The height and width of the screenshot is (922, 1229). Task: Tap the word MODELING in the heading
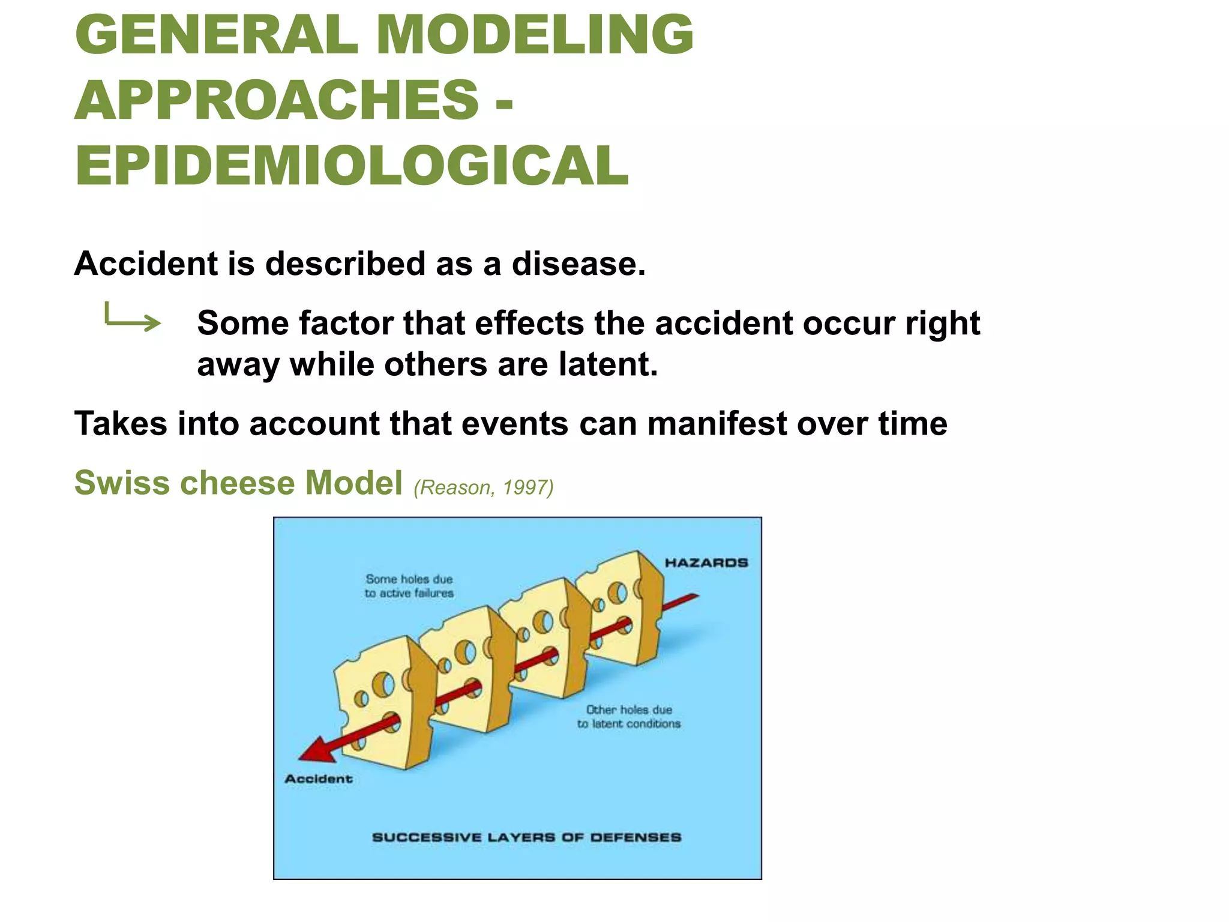click(534, 34)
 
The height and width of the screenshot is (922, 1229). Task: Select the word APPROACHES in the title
click(277, 100)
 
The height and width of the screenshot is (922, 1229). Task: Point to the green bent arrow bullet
click(132, 318)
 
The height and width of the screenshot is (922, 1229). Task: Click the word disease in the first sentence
click(578, 264)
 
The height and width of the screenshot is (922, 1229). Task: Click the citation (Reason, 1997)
click(483, 487)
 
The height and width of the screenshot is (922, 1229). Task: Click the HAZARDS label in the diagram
click(706, 563)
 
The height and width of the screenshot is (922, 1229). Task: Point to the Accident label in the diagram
click(319, 779)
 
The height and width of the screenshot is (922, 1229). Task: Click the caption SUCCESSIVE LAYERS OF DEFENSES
click(526, 837)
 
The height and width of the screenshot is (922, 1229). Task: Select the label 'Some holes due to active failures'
click(409, 586)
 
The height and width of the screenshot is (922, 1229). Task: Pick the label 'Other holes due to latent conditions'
click(628, 717)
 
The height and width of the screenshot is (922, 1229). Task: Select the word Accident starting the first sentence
click(146, 264)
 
